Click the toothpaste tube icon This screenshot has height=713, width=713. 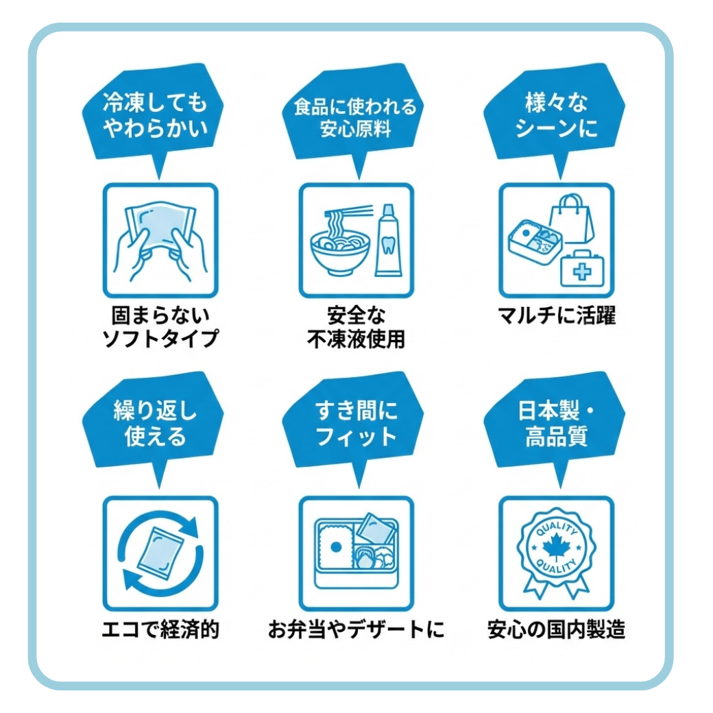tap(388, 240)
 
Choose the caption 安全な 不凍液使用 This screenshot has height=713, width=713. tap(356, 326)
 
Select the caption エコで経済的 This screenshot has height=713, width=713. tap(160, 629)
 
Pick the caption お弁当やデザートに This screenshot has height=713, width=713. tap(356, 629)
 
